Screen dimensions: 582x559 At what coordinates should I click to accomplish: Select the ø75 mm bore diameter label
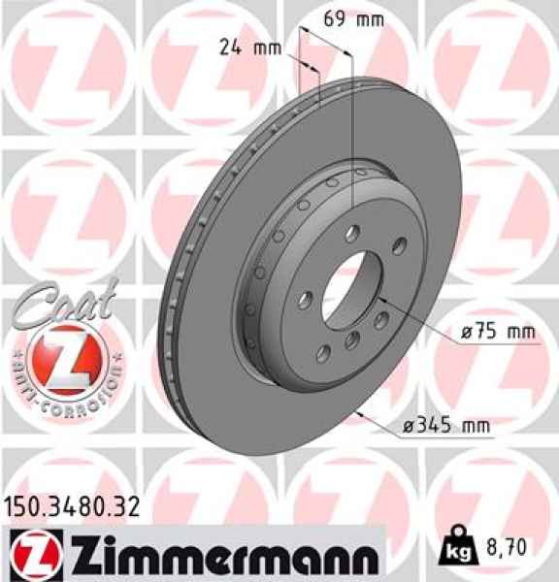pos(499,332)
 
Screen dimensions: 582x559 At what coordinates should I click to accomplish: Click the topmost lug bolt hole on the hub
pos(352,231)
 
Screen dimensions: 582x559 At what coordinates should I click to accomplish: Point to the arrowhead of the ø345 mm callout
pos(361,414)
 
